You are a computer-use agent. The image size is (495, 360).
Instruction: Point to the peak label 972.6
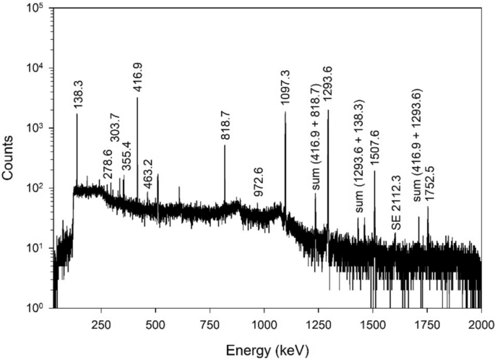pyautogui.click(x=258, y=184)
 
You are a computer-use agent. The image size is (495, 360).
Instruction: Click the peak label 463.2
pyautogui.click(x=147, y=173)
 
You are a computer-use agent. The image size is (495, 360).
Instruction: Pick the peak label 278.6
pyautogui.click(x=108, y=165)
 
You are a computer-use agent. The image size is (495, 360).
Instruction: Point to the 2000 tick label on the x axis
pyautogui.click(x=481, y=325)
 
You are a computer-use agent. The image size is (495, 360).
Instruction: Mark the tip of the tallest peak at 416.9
pyautogui.click(x=137, y=97)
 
